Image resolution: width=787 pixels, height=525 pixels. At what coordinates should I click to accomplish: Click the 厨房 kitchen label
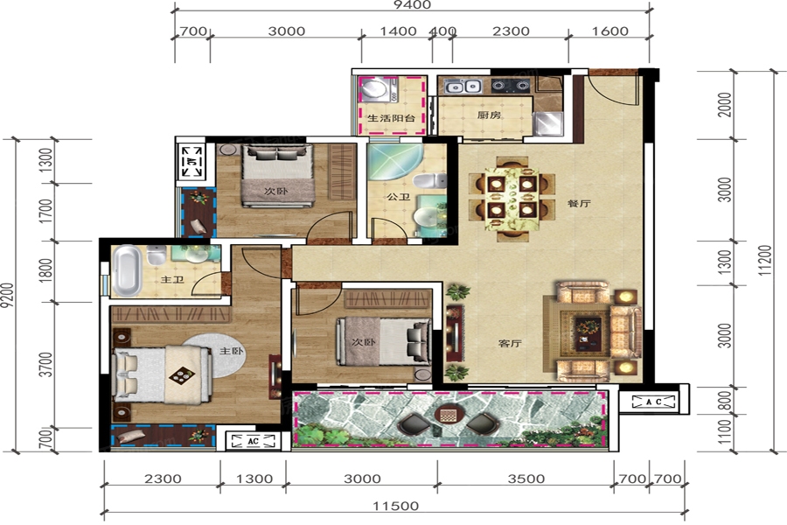tap(489, 115)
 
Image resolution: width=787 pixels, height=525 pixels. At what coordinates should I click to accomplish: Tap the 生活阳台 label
tap(392, 119)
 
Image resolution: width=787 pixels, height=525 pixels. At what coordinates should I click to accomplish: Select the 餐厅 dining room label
tap(579, 204)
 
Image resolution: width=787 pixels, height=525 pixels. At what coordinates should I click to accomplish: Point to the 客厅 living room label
tap(510, 344)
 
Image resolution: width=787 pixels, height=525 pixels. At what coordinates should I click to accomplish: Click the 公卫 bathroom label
tap(399, 196)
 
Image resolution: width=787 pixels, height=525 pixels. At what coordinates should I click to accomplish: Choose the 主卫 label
tap(172, 279)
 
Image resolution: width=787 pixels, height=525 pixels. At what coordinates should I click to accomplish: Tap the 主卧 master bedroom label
tap(232, 351)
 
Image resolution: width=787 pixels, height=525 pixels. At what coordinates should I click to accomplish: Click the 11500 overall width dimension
tap(395, 506)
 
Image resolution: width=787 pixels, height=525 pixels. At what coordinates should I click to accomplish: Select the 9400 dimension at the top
tap(412, 5)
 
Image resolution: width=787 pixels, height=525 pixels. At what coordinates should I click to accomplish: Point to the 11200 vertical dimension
tap(764, 260)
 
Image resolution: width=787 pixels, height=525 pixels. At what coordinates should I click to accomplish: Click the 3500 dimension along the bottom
tap(526, 479)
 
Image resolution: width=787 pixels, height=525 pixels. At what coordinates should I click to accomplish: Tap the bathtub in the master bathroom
tap(126, 270)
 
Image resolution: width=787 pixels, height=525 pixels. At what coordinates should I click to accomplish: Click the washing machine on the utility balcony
tap(375, 89)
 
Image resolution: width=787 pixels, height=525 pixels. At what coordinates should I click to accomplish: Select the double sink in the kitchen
tap(463, 87)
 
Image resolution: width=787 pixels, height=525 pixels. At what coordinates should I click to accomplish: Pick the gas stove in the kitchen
tap(511, 87)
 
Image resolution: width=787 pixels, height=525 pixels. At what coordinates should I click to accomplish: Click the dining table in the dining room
tap(512, 199)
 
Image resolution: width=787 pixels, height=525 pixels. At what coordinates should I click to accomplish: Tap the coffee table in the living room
tap(588, 332)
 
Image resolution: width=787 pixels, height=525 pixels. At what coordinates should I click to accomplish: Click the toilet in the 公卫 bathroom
tap(430, 180)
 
